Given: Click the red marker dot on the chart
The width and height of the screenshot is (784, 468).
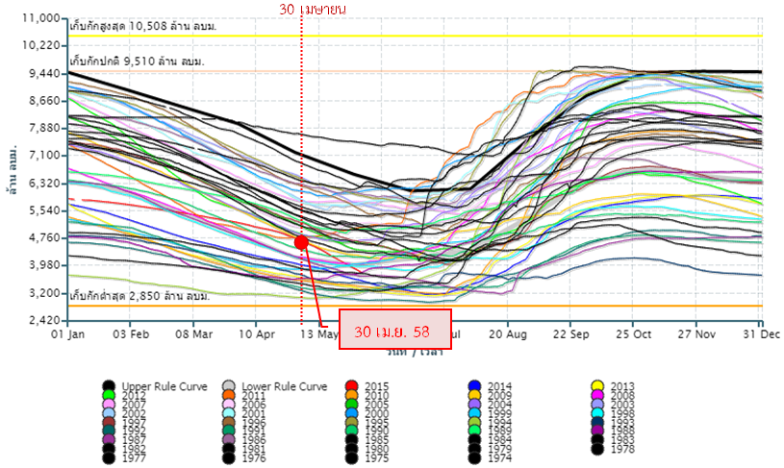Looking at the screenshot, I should click(x=301, y=242).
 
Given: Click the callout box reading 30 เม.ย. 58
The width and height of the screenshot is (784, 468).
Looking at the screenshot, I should click(x=395, y=331).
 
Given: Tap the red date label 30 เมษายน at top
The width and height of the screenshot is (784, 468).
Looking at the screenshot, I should click(x=313, y=9).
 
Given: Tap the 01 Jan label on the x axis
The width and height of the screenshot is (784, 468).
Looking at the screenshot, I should click(x=69, y=334).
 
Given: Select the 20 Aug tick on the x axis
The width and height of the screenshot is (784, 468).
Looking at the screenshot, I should click(x=507, y=334).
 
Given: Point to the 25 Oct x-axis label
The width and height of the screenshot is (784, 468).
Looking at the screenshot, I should click(x=633, y=334).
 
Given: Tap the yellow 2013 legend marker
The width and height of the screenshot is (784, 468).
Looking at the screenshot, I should click(x=596, y=386).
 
